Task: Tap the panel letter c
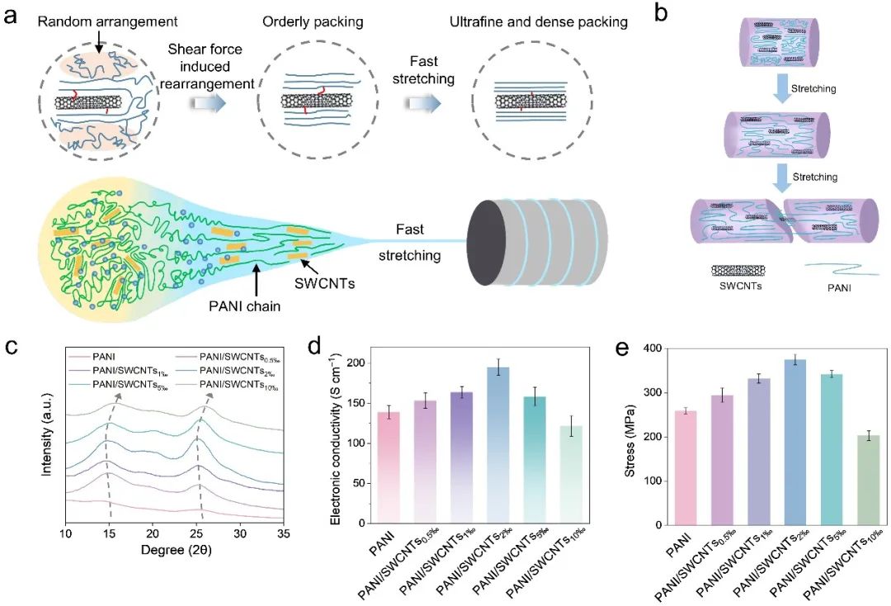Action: click(12, 345)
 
